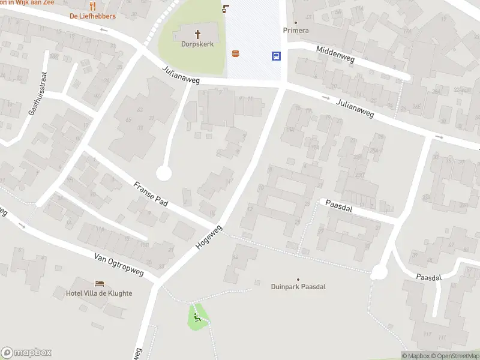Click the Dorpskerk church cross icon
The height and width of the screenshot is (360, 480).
coord(197,34)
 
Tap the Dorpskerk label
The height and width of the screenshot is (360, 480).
coord(197,44)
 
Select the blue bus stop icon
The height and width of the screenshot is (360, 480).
coord(277,56)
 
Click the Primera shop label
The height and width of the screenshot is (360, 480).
coord(296,31)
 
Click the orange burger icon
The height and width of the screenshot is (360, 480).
coord(236,54)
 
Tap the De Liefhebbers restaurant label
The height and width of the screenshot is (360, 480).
coord(93,16)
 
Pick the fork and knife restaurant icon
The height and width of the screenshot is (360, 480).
coord(92,6)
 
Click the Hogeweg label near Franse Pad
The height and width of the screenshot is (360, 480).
coord(209,237)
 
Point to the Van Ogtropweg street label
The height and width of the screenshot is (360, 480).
coord(119,265)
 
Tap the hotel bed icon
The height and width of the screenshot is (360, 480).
coord(99,283)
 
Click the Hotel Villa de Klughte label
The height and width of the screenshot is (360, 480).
coord(99,293)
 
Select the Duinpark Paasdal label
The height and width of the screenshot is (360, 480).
coord(298,287)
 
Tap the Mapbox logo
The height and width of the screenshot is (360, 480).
coord(26,353)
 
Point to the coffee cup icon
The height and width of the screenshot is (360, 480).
coord(226,8)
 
